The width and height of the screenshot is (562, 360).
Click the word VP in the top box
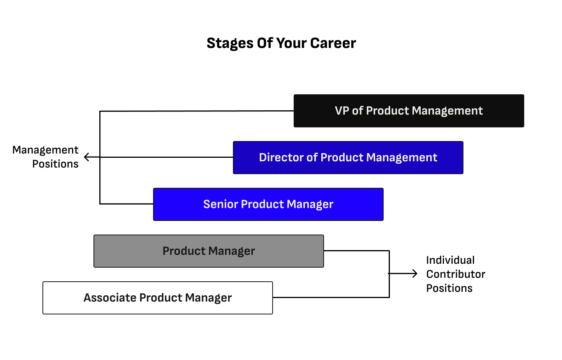click(x=342, y=111)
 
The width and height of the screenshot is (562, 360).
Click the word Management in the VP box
click(x=447, y=111)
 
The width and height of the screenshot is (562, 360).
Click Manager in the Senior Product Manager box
click(x=310, y=204)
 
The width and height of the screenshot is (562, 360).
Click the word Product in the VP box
click(x=388, y=111)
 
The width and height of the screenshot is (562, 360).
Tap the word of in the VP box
click(x=358, y=111)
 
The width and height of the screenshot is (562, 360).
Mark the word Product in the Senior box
click(x=263, y=204)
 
